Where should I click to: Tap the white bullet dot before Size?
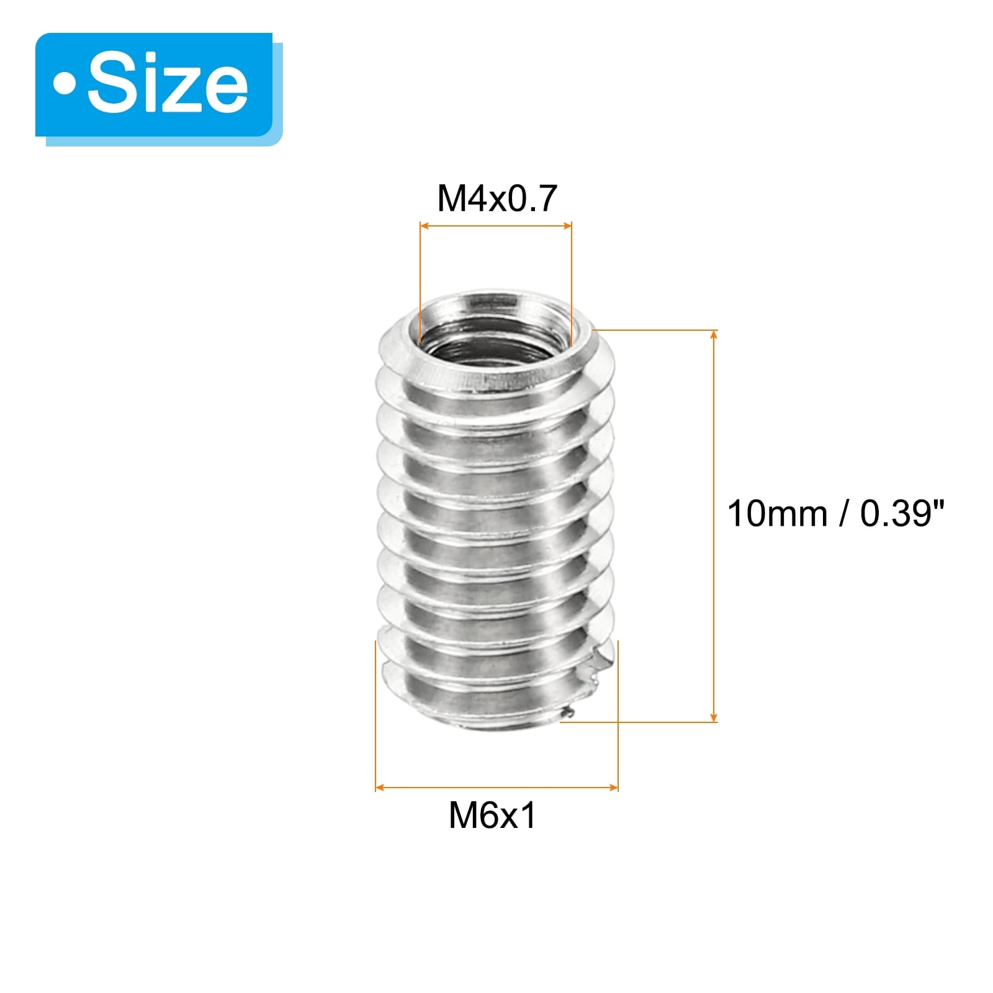[x=63, y=84]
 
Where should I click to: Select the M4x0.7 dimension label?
[x=497, y=199]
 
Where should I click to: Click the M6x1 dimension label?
[x=492, y=815]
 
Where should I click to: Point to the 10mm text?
[x=777, y=514]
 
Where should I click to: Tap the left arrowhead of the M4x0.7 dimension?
[x=425, y=226]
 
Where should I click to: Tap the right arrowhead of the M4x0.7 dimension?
[x=567, y=226]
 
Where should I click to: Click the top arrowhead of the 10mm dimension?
[x=714, y=336]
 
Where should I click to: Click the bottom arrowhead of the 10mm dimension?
[x=714, y=716]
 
